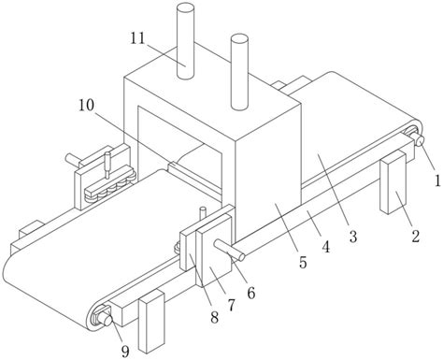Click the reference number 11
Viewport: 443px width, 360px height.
click(138, 38)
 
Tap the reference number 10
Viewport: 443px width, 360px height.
click(86, 105)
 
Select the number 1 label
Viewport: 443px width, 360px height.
click(437, 180)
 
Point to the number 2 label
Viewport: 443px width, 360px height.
click(416, 236)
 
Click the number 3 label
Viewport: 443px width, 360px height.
click(352, 237)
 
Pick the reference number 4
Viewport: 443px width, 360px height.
click(325, 247)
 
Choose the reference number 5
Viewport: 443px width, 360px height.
click(303, 263)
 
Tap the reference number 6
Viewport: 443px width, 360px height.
click(251, 293)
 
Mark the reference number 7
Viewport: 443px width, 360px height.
click(231, 306)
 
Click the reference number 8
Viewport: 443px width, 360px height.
click(214, 318)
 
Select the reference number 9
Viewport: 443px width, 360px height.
click(125, 352)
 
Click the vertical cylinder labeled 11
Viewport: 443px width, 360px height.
click(185, 41)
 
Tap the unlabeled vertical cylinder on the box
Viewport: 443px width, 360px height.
click(239, 72)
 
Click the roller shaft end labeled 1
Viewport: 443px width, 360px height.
click(419, 140)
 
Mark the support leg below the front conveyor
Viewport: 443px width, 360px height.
click(151, 321)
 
